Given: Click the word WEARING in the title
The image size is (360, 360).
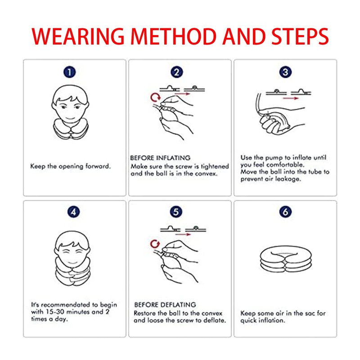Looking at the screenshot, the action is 78,36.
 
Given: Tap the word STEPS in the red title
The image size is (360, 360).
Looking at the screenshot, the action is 300,36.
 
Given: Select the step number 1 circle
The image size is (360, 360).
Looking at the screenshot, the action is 70,72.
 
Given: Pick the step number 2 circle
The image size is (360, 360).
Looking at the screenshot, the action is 176,72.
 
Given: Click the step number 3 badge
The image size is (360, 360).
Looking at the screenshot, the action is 285,72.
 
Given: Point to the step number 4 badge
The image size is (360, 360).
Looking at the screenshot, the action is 73,212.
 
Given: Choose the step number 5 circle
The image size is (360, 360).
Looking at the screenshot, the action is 176,212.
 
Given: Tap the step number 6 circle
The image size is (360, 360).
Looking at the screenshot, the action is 285,212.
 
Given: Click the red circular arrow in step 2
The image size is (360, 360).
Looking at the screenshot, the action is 155,97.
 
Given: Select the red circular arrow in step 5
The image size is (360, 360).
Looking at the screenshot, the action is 155,244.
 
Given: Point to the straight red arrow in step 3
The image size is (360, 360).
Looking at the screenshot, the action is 291,98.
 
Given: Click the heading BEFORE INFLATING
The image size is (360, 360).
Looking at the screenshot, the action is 160,158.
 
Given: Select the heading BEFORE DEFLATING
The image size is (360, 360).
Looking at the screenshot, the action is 165,305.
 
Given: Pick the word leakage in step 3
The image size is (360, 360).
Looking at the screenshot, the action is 288,179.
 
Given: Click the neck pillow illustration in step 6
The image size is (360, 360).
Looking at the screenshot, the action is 286,260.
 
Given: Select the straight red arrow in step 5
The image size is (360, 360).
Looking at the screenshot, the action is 183,234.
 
